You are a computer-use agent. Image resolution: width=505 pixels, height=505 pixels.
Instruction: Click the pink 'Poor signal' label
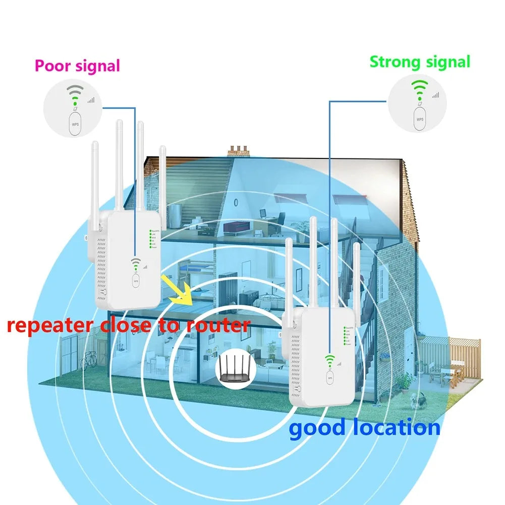click(77, 66)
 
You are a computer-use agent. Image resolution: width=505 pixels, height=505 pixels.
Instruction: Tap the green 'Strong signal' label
click(420, 62)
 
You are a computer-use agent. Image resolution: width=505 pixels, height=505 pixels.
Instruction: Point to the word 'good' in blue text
click(317, 428)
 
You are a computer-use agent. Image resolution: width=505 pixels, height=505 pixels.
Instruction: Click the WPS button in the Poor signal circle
click(75, 124)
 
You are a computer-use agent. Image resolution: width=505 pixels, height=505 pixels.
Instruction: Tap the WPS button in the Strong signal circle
click(420, 119)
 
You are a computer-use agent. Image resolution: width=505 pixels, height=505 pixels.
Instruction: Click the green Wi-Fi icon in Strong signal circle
click(420, 89)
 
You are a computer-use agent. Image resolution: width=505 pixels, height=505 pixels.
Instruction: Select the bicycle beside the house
click(89, 359)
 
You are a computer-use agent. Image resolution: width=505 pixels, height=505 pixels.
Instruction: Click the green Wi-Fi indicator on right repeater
click(329, 360)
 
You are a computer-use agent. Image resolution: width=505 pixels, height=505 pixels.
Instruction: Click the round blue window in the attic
click(236, 201)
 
